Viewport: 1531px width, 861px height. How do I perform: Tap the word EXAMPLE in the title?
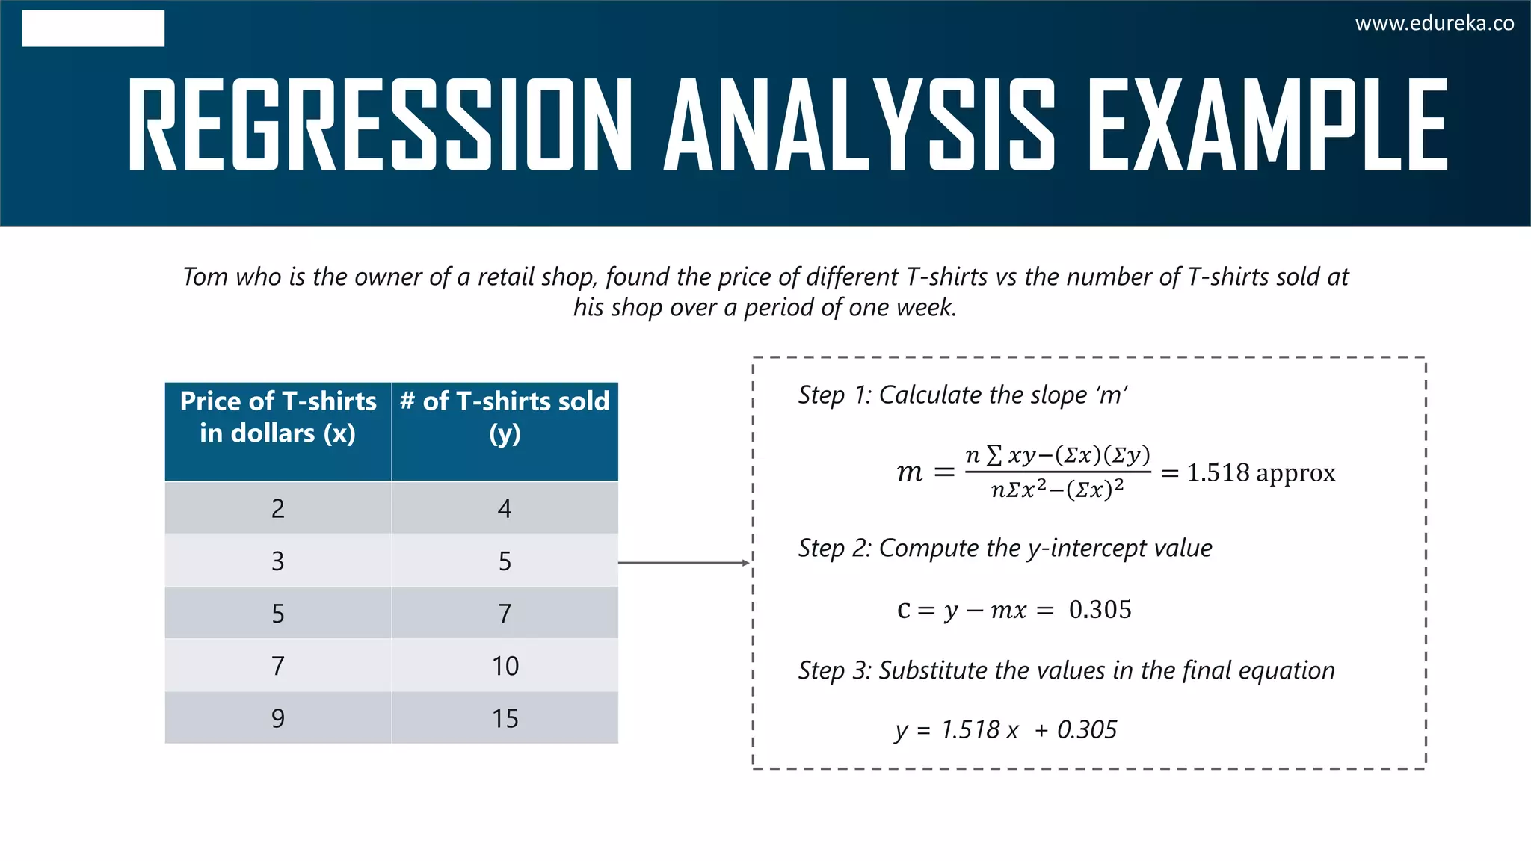(x=1266, y=125)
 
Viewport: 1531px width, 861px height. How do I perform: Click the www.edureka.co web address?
(x=1434, y=24)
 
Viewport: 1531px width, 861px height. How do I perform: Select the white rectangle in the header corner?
(x=93, y=28)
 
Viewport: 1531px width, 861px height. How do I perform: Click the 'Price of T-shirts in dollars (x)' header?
(x=278, y=418)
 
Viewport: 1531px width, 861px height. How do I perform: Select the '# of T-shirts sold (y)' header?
(x=505, y=418)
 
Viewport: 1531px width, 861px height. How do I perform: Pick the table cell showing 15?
(x=505, y=718)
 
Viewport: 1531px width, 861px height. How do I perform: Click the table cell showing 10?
(x=505, y=666)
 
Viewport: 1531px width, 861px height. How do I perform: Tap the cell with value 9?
(x=278, y=718)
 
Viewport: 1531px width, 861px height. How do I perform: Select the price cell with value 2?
(x=278, y=508)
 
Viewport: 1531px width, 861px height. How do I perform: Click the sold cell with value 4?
(x=505, y=508)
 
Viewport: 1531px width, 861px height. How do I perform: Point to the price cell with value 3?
(x=278, y=561)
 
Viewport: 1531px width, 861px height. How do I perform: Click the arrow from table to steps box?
(x=683, y=563)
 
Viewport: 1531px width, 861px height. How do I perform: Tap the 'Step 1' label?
(x=834, y=395)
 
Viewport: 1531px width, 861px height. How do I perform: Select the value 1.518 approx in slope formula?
(x=1260, y=473)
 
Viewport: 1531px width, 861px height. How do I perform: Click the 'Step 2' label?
(x=834, y=548)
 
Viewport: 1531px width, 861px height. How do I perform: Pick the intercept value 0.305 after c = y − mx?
(x=1100, y=610)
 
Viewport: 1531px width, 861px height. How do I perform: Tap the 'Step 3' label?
(x=834, y=670)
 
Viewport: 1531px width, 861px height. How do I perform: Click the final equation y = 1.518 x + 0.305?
(x=1005, y=729)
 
